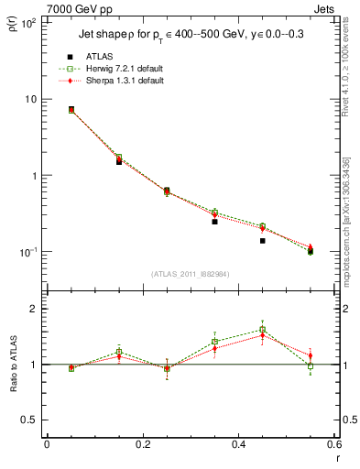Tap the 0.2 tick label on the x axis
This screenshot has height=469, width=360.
point(142,446)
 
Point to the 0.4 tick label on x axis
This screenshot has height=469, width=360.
point(238,446)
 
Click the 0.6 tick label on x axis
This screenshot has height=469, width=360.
point(333,446)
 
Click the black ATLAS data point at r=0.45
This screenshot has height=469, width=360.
point(262,241)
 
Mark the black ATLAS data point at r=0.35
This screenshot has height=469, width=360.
point(214,222)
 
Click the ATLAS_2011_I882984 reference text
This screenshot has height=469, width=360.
point(191,274)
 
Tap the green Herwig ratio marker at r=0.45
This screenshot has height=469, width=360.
point(262,330)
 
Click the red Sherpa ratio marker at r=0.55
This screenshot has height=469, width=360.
point(311,355)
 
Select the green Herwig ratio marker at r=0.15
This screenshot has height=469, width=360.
point(119,352)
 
